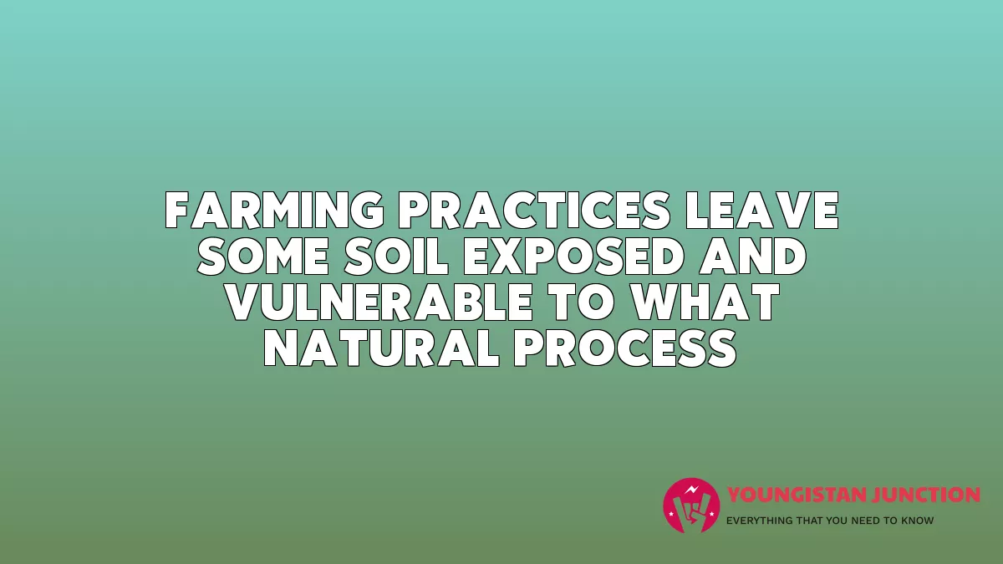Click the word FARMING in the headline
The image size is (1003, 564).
[274, 211]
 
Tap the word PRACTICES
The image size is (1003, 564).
[534, 211]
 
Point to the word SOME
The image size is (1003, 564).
[263, 257]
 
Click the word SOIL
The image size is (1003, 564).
[396, 257]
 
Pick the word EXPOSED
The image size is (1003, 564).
[574, 257]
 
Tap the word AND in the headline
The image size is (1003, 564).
[753, 257]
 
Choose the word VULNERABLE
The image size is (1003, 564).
[379, 302]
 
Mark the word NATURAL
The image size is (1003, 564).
[382, 348]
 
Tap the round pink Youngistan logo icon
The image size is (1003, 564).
[691, 506]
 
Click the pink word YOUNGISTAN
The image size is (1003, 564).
[792, 495]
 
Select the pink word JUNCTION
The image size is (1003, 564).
[920, 495]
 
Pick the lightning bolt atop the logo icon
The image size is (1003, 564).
[692, 490]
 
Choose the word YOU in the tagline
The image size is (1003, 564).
[838, 521]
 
